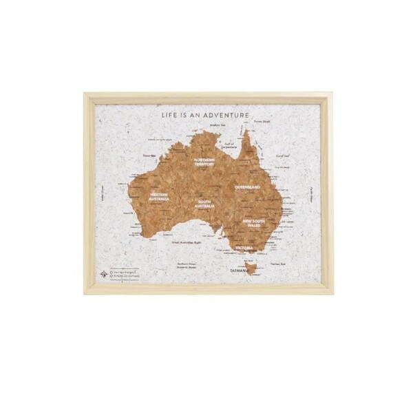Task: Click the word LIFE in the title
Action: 168,116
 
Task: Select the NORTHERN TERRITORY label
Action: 204,163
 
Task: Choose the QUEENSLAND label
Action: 246,187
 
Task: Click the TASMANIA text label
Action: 241,271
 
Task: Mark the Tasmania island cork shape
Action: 253,268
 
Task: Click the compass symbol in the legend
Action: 105,274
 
